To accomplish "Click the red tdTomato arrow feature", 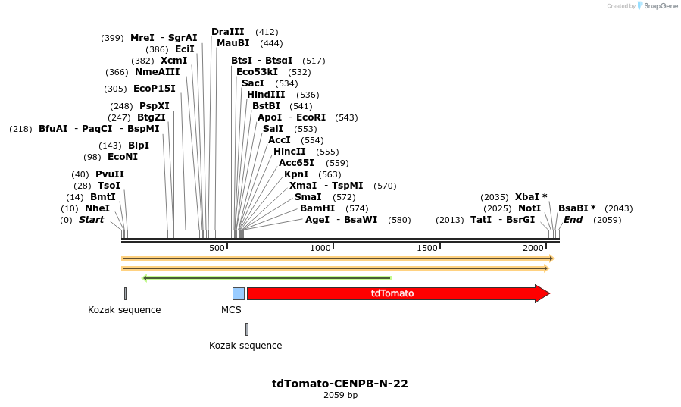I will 394,293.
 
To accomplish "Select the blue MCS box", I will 238,293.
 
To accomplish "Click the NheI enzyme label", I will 97,208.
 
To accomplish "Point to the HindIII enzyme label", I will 267,95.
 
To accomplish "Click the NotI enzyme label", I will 529,208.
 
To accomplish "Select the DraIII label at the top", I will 228,32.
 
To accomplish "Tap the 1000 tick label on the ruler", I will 320,249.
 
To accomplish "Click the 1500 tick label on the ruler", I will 427,249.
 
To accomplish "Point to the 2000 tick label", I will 533,249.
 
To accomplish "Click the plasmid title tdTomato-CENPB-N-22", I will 340,384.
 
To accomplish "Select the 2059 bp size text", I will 340,395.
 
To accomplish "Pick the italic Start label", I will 91,220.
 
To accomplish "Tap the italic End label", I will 573,220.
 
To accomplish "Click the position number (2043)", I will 618,208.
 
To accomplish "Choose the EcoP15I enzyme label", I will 154,89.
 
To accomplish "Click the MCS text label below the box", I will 231,310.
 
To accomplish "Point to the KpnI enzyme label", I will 296,174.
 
